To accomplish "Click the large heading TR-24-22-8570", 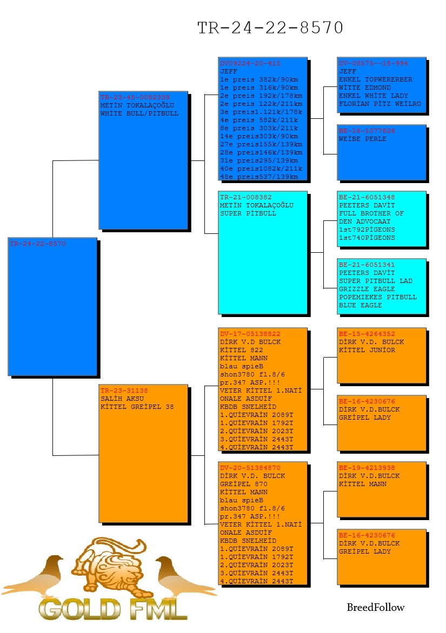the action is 270,28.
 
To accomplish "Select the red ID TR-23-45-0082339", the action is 135,97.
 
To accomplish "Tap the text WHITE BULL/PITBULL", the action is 139,113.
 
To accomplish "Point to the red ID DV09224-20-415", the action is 250,63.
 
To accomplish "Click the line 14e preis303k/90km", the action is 259,136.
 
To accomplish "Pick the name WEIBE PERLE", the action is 362,139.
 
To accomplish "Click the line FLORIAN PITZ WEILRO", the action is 380,104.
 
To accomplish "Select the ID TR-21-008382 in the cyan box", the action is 245,198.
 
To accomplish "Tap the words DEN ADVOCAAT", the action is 364,221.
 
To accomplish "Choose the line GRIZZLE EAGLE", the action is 367,289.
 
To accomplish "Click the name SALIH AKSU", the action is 122,399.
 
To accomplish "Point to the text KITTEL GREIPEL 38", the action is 137,407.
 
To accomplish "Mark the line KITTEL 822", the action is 241,350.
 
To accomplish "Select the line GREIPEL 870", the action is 244,484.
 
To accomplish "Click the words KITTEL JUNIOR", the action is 367,350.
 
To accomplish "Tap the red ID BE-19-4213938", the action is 367,468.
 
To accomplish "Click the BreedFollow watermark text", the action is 375,608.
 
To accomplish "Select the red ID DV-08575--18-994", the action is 373,63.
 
